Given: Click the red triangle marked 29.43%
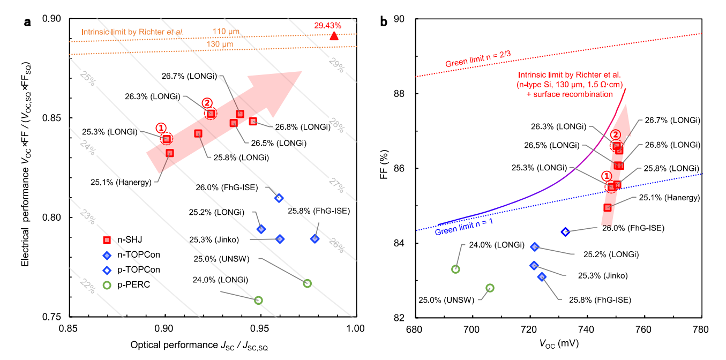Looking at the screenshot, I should tap(334, 36).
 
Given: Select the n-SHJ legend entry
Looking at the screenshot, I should tap(123, 240).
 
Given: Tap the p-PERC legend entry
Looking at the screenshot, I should tap(123, 285).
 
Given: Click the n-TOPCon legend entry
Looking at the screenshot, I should tap(123, 255).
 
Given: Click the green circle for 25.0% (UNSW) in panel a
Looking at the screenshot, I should tap(307, 283).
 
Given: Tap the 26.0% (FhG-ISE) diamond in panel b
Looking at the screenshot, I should tap(565, 232).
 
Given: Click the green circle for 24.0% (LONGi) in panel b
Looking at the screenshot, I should tap(455, 269).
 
